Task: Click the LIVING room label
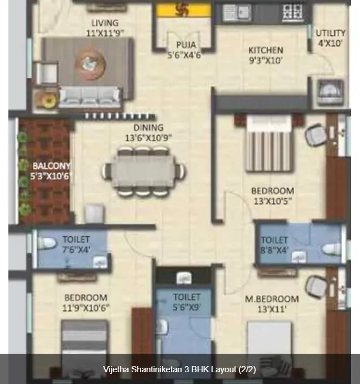[105, 23]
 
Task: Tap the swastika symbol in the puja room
[183, 10]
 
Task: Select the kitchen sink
[236, 12]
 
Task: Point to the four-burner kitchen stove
[292, 12]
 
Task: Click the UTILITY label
[330, 33]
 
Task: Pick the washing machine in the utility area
[330, 91]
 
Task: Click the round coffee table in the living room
[90, 64]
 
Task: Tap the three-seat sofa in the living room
[90, 97]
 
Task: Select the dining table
[143, 171]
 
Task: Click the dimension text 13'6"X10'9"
[148, 138]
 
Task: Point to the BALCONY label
[52, 166]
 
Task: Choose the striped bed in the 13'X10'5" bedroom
[269, 143]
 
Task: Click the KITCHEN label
[265, 50]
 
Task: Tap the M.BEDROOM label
[272, 299]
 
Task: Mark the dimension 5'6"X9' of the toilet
[187, 307]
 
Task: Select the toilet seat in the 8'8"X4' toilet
[332, 249]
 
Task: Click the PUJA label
[186, 45]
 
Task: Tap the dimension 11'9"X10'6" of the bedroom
[86, 308]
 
